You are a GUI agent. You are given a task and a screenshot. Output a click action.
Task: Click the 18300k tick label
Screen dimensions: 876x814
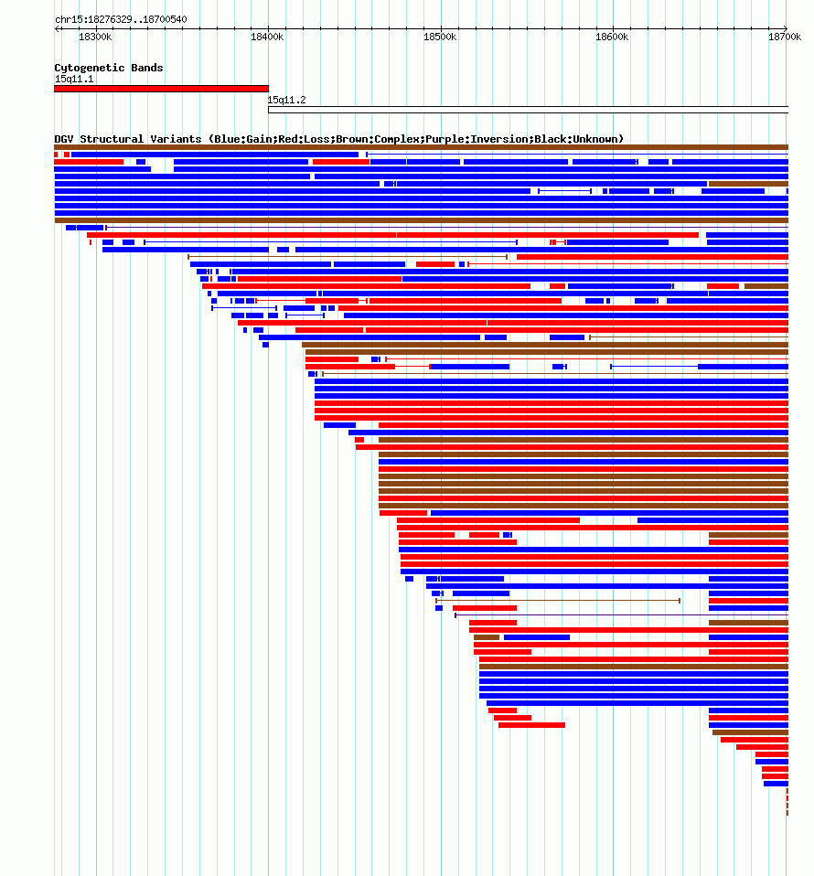[x=95, y=37]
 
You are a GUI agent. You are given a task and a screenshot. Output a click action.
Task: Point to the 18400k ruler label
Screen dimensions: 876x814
[x=267, y=37]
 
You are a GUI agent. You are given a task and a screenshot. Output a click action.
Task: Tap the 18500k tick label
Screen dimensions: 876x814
[x=440, y=37]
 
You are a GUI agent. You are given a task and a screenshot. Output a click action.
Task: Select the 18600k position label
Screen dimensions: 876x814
[x=612, y=37]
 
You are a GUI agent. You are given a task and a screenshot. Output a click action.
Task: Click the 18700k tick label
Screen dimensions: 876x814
[x=784, y=37]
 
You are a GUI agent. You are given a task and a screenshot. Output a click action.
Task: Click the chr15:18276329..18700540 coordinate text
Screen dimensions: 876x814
[x=121, y=19]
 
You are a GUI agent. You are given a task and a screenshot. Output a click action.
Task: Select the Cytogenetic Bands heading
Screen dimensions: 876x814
[x=108, y=68]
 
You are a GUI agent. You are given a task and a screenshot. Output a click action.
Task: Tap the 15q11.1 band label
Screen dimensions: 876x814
[x=74, y=79]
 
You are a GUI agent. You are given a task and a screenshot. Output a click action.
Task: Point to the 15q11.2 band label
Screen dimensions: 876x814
[x=286, y=100]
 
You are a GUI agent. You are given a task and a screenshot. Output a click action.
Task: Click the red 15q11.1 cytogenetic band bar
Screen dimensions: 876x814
[x=161, y=89]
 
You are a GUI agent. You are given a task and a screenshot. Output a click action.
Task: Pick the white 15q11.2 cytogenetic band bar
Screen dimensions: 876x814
[x=528, y=110]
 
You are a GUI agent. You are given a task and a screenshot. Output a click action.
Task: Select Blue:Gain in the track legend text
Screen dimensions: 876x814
[x=244, y=139]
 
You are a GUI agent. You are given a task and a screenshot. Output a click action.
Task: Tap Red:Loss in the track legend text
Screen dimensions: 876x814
[x=305, y=139]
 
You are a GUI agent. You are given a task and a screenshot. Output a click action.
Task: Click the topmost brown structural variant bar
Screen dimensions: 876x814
[x=421, y=147]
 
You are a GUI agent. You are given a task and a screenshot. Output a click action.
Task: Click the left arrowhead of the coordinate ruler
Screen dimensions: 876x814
[x=58, y=28]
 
